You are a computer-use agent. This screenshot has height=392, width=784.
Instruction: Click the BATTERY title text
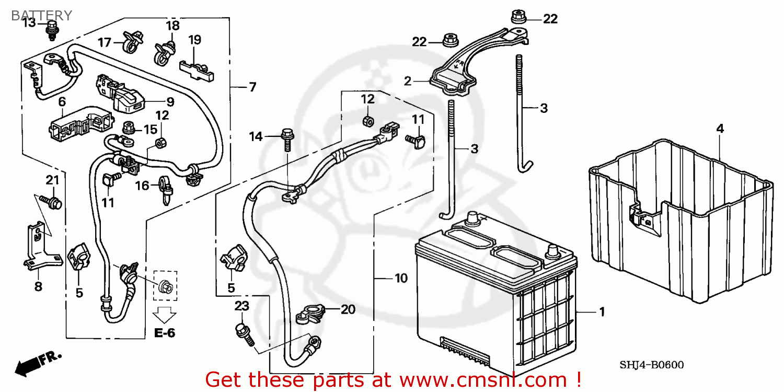coord(41,15)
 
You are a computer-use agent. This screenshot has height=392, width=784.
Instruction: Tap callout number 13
coord(29,23)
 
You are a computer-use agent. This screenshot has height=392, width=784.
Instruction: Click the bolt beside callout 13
coord(52,30)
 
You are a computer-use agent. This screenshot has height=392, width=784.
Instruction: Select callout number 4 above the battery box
coord(720,129)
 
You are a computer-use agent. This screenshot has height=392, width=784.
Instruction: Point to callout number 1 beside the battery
coord(602,312)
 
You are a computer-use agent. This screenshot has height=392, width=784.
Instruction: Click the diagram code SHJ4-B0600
coord(651,365)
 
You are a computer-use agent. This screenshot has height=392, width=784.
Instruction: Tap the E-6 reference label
coord(165,333)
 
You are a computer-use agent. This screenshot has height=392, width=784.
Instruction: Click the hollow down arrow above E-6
coord(165,315)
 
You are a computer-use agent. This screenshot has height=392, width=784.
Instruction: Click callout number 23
coord(241,306)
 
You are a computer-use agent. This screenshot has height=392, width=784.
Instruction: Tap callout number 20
coord(348,309)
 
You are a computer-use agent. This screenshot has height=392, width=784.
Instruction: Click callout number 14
coord(256,136)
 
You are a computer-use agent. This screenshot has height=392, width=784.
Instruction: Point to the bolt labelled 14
coord(287,140)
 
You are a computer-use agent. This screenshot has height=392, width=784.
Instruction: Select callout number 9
coord(170,102)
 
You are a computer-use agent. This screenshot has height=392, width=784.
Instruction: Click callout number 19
coord(194,40)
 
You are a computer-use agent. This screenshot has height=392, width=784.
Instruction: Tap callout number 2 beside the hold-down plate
coord(407,81)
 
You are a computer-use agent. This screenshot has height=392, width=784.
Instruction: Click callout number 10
coord(401,278)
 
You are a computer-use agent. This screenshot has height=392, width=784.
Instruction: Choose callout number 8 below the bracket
coord(38,286)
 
